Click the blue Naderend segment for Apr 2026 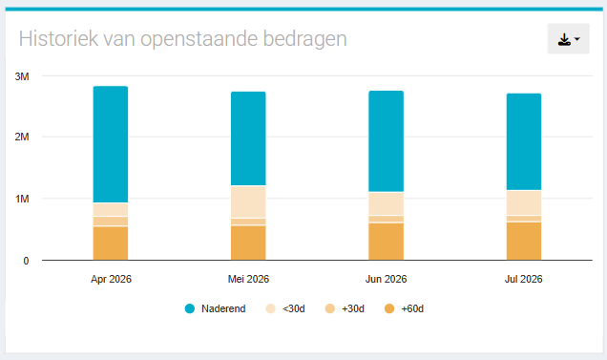[111, 144]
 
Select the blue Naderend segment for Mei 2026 [248, 138]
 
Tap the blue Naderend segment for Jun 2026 [386, 141]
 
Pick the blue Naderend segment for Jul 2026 [524, 142]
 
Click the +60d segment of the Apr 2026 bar [111, 244]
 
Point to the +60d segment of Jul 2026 [524, 241]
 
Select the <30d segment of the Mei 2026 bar [248, 201]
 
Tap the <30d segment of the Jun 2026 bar [386, 203]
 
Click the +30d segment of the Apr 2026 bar [111, 221]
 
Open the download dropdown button [568, 39]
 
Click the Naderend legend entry [216, 308]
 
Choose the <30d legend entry [285, 308]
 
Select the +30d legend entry [345, 308]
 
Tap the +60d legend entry [404, 308]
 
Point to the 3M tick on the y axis [22, 76]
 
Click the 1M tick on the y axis [22, 200]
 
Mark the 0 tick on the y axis [26, 261]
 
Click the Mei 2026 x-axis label [248, 279]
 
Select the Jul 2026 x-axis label [524, 279]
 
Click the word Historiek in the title [58, 39]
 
